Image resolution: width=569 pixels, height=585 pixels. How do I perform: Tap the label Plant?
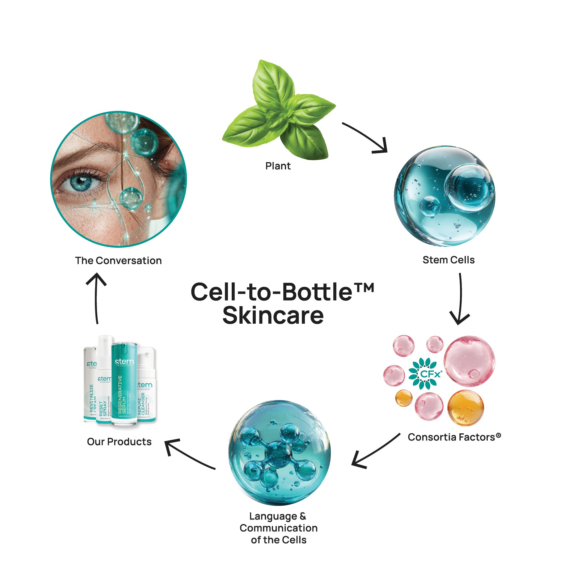coord(278,166)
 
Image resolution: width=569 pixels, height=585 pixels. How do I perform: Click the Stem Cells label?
coord(448,260)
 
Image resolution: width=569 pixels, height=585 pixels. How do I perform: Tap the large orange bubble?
coord(465,407)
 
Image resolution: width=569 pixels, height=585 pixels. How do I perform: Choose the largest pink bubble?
coord(469,361)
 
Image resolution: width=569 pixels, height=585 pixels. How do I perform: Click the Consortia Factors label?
coord(454,437)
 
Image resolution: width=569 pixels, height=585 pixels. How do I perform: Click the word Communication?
coord(278,528)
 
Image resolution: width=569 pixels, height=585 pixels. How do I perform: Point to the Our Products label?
coord(119,442)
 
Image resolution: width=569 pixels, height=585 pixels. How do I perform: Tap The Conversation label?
coord(118,261)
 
